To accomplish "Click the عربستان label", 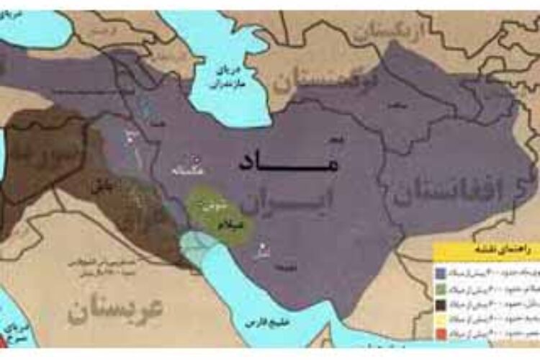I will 115,307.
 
